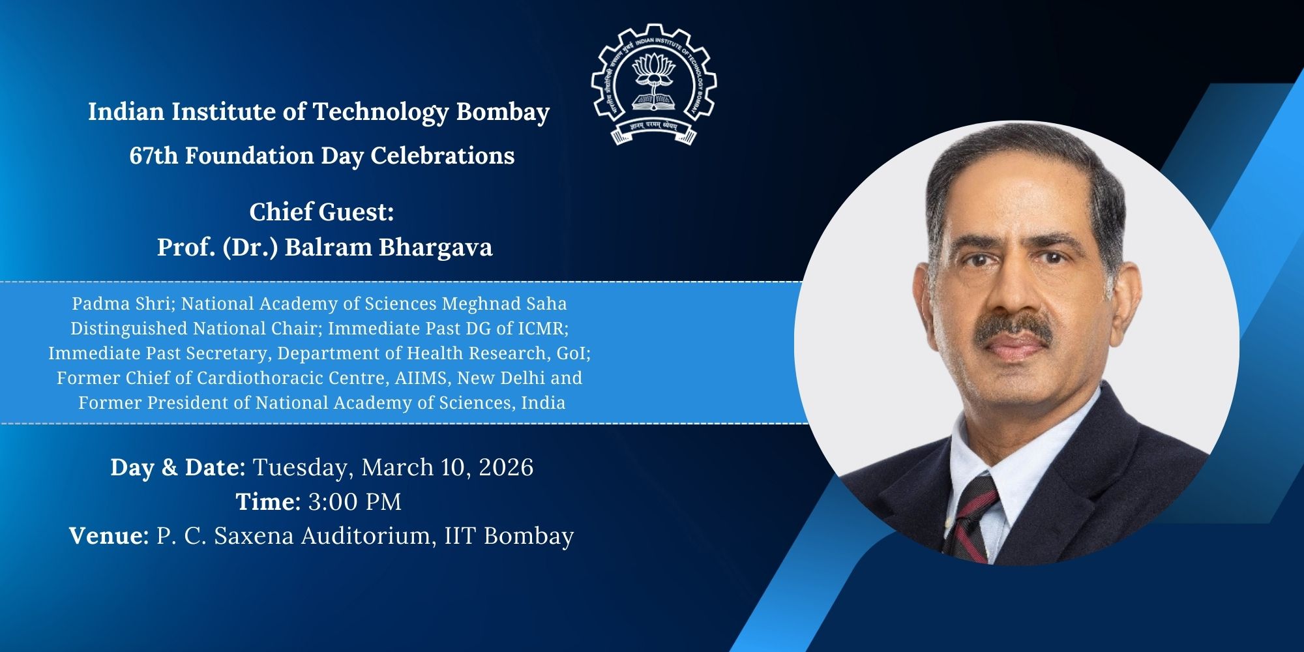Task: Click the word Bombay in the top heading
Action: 503,112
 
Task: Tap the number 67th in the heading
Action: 153,156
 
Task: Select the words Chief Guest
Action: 321,212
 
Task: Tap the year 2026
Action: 506,467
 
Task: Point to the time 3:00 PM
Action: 355,502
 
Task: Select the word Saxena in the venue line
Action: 254,536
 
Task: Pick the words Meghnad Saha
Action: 504,304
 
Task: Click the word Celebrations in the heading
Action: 443,156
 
